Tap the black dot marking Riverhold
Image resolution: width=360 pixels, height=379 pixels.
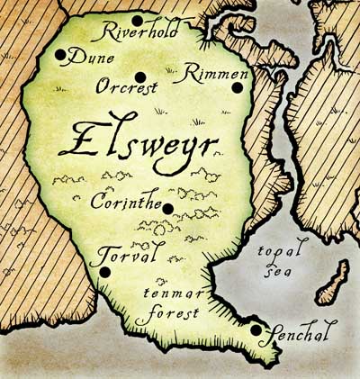[x=137, y=20]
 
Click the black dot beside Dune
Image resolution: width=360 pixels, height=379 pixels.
[x=60, y=55]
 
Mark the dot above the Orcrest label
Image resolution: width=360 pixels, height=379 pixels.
[x=139, y=76]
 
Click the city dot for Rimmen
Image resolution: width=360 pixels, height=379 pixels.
[x=237, y=87]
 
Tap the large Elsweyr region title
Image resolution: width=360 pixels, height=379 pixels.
[x=139, y=144]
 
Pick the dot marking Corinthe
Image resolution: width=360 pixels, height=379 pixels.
[x=167, y=209]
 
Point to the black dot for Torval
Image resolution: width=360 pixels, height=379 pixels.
[x=105, y=271]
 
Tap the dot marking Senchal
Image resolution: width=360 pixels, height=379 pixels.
[x=256, y=330]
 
